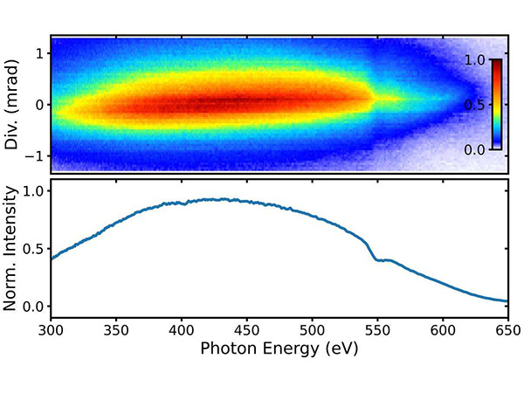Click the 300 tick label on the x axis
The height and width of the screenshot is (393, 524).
pos(51,333)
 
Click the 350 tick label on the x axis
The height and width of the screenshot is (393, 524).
pos(116,333)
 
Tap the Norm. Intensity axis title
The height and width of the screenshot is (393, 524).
pos(11,249)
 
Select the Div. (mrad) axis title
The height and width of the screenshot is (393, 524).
pos(11,104)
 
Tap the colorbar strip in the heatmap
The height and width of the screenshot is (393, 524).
pos(495,105)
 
